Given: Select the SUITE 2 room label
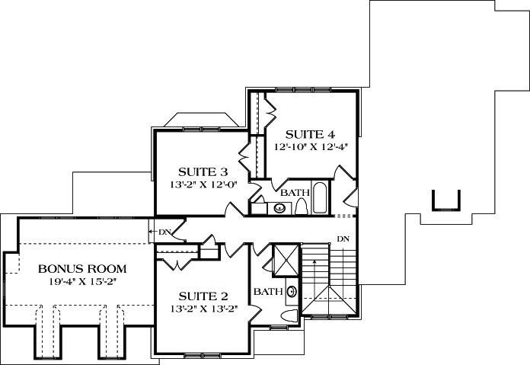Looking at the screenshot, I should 203,296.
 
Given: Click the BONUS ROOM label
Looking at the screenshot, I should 82,269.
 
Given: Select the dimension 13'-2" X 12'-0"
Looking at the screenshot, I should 203,183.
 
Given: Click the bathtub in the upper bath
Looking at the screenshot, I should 320,198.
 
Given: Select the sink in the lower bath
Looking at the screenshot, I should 292,291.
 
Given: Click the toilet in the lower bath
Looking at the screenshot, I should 289,315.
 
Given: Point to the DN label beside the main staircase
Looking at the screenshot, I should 343,239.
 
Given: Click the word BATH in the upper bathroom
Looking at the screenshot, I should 294,192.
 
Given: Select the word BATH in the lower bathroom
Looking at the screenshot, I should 268,292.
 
